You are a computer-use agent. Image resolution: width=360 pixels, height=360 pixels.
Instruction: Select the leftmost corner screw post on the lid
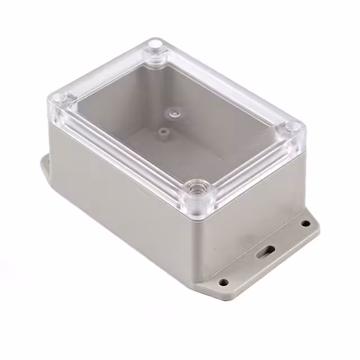tap(61, 100)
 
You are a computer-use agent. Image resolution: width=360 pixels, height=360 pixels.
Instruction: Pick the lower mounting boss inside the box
tap(163, 133)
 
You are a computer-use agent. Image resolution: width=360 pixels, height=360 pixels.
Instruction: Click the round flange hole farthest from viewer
tap(305, 223)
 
